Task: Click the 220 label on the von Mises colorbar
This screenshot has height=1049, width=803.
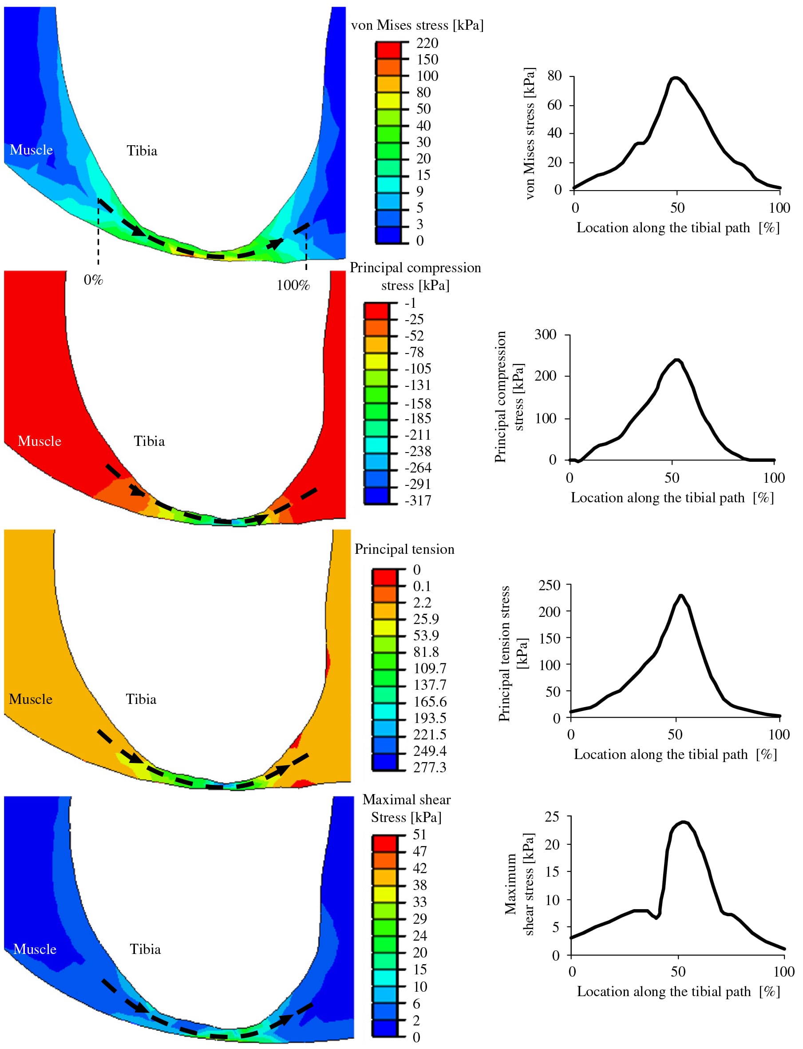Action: (427, 43)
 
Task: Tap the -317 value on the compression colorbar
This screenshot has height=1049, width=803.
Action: (418, 501)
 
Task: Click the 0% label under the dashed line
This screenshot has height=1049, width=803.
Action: (93, 280)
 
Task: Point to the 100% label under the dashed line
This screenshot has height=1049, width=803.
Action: (293, 286)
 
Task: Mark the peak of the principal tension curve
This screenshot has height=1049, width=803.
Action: (681, 595)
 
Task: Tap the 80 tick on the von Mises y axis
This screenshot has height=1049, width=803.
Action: (554, 75)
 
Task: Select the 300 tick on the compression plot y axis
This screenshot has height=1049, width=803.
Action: (546, 334)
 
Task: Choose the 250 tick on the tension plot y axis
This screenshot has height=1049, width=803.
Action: (549, 585)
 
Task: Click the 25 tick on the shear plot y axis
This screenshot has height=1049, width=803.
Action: (552, 817)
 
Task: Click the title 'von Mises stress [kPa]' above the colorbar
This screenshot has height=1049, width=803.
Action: (417, 25)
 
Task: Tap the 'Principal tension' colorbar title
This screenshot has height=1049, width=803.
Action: (404, 549)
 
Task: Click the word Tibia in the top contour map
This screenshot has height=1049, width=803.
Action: (142, 151)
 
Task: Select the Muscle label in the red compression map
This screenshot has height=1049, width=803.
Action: (39, 441)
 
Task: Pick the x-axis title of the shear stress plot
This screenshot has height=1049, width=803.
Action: (678, 991)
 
